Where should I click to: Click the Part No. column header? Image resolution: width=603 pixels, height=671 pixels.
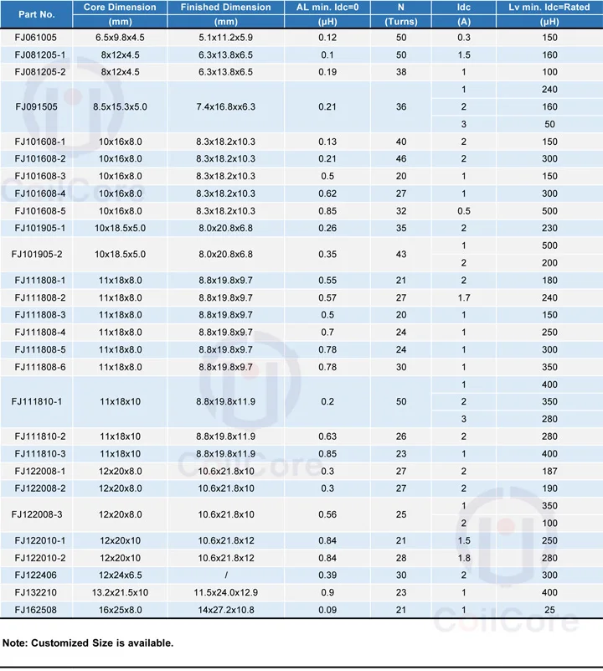pyautogui.click(x=36, y=14)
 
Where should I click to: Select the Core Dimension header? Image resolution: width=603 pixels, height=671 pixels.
pyautogui.click(x=120, y=8)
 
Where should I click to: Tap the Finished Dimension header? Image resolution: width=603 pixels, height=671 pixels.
pyautogui.click(x=225, y=8)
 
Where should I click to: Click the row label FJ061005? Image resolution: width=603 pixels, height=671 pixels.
pyautogui.click(x=36, y=38)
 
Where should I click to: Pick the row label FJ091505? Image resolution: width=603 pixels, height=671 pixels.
pyautogui.click(x=36, y=107)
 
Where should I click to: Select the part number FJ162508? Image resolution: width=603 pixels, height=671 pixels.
pyautogui.click(x=36, y=609)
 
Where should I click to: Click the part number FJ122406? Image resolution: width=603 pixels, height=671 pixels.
pyautogui.click(x=36, y=575)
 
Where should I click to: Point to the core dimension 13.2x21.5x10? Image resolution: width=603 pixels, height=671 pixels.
pyautogui.click(x=121, y=592)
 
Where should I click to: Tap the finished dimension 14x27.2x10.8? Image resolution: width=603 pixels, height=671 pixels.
pyautogui.click(x=225, y=609)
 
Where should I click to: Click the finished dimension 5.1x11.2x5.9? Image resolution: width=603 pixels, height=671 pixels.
pyautogui.click(x=225, y=38)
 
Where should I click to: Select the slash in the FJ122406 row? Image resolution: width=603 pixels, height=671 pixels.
pyautogui.click(x=225, y=575)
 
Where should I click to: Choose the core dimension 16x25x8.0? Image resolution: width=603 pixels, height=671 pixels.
pyautogui.click(x=121, y=609)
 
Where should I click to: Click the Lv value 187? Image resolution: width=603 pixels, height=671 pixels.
pyautogui.click(x=549, y=472)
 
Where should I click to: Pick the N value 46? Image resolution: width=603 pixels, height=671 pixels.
pyautogui.click(x=401, y=159)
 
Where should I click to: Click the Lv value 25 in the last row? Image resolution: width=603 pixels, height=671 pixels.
pyautogui.click(x=549, y=609)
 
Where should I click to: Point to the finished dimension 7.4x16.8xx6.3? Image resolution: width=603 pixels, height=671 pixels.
pyautogui.click(x=225, y=107)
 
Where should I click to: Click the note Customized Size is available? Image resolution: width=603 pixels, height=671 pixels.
pyautogui.click(x=88, y=643)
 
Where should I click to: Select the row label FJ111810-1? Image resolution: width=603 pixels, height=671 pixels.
pyautogui.click(x=36, y=402)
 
